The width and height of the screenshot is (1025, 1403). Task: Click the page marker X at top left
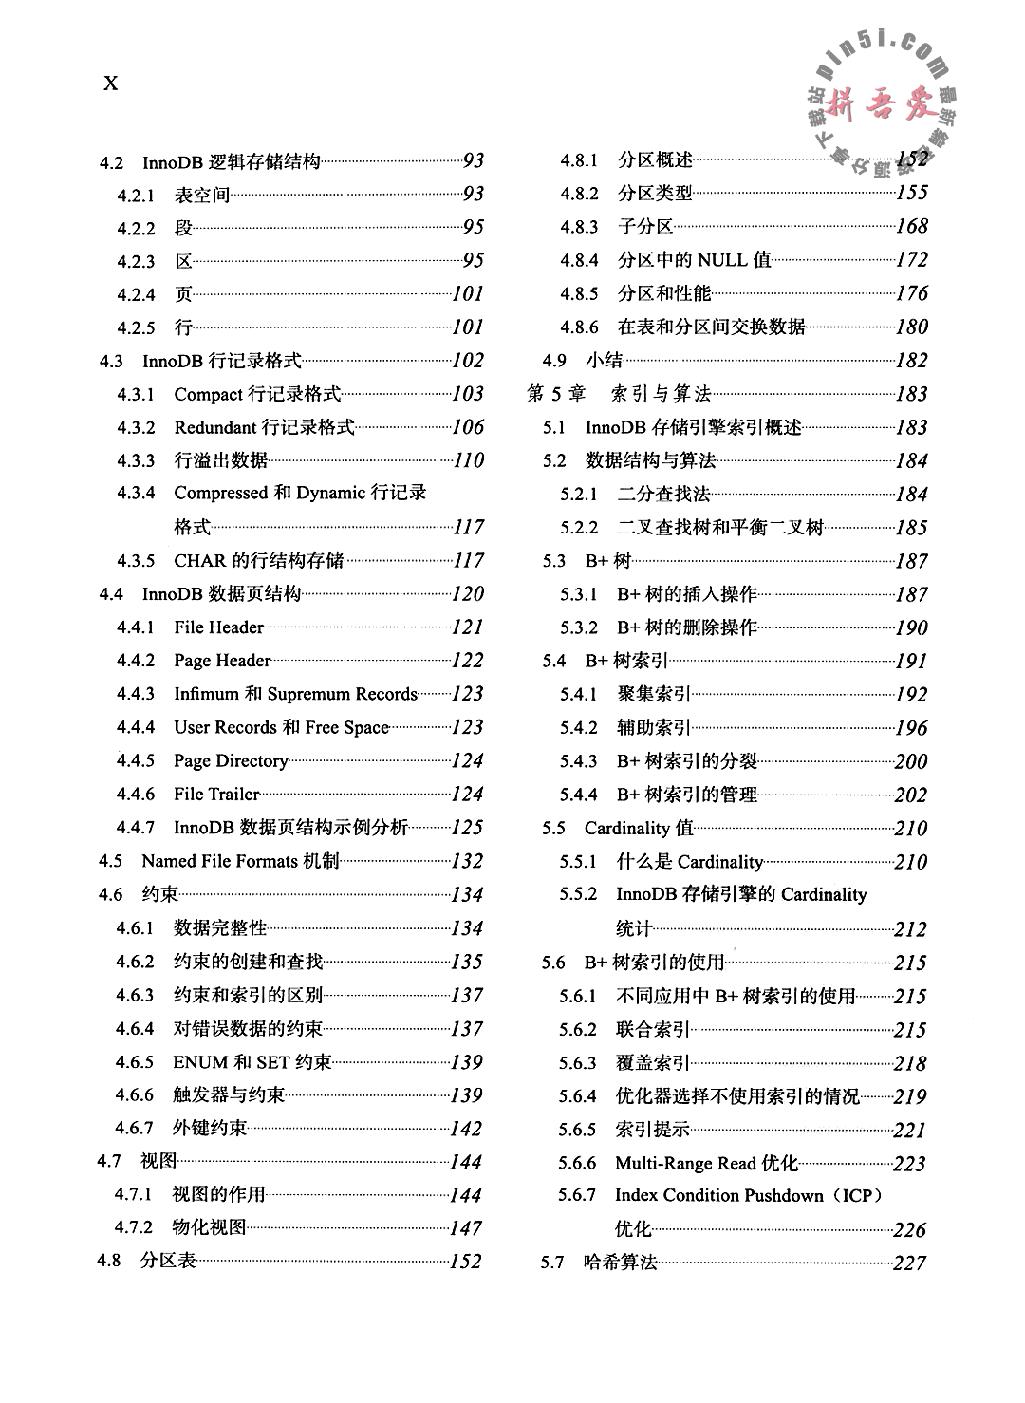(x=110, y=84)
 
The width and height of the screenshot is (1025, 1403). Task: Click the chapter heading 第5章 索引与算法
(x=619, y=394)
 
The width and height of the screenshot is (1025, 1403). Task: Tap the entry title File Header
(x=218, y=627)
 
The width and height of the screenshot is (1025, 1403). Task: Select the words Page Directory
(x=231, y=761)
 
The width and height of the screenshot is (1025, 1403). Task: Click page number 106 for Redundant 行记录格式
(x=468, y=428)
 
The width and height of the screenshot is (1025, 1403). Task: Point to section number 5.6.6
(x=577, y=1164)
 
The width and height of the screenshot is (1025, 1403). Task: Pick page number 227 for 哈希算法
(x=909, y=1263)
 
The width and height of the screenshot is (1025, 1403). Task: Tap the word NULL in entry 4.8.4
(x=722, y=260)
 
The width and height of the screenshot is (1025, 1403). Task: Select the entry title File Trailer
(x=216, y=795)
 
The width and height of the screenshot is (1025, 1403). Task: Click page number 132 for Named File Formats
(x=467, y=862)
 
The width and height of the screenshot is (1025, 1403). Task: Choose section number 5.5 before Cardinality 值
(x=553, y=829)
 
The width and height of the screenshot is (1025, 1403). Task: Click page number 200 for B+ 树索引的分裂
(x=910, y=761)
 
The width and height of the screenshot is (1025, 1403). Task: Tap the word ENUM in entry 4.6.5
(x=200, y=1062)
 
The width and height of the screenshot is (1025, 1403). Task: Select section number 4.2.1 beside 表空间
(x=136, y=196)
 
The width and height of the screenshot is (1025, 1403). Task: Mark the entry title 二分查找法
(x=663, y=494)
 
